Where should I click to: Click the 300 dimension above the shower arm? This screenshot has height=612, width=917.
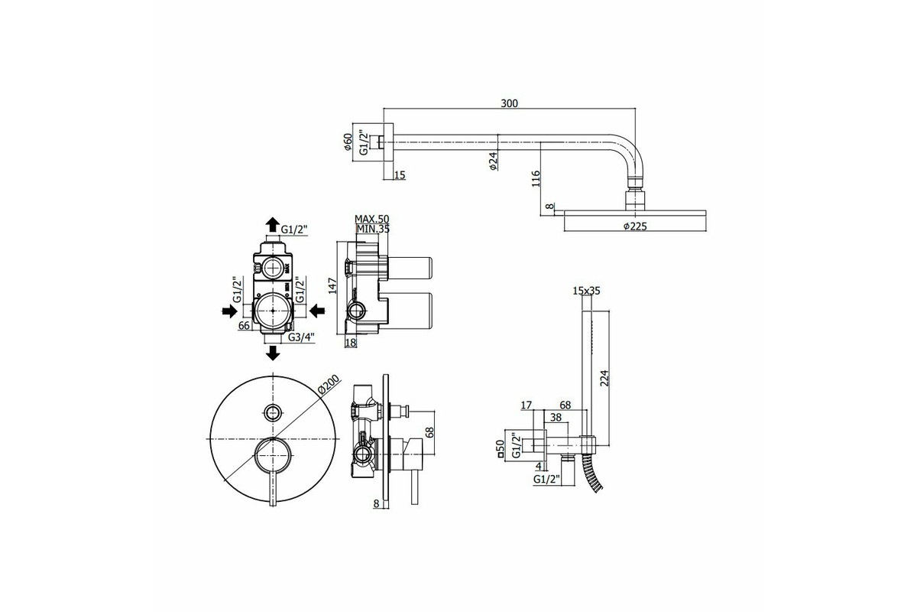(x=509, y=103)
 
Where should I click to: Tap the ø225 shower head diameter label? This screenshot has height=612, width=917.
(x=635, y=226)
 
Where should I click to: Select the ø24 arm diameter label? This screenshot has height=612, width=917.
(x=493, y=161)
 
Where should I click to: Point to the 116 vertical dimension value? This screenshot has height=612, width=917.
(x=536, y=179)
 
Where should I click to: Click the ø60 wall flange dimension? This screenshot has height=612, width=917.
(x=348, y=142)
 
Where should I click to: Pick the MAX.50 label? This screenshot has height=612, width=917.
(x=371, y=220)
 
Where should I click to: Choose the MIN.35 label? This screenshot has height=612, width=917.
(x=373, y=229)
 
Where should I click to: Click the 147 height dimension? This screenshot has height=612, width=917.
(x=332, y=285)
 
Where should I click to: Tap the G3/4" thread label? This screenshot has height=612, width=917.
(x=301, y=337)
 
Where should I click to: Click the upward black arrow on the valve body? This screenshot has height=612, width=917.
(x=273, y=225)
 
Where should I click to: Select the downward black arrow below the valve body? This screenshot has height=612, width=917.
(x=273, y=353)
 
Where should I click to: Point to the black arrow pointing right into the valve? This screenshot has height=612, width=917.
(x=229, y=311)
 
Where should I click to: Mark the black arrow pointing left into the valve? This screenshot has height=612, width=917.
(x=317, y=311)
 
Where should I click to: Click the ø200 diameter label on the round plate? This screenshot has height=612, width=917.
(x=329, y=386)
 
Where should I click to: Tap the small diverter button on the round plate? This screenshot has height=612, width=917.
(x=273, y=412)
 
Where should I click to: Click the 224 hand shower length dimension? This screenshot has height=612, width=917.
(x=604, y=378)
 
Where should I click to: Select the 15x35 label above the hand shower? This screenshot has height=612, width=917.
(x=586, y=291)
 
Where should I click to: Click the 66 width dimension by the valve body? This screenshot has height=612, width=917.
(x=244, y=325)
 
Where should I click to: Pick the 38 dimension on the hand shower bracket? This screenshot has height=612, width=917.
(x=556, y=417)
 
